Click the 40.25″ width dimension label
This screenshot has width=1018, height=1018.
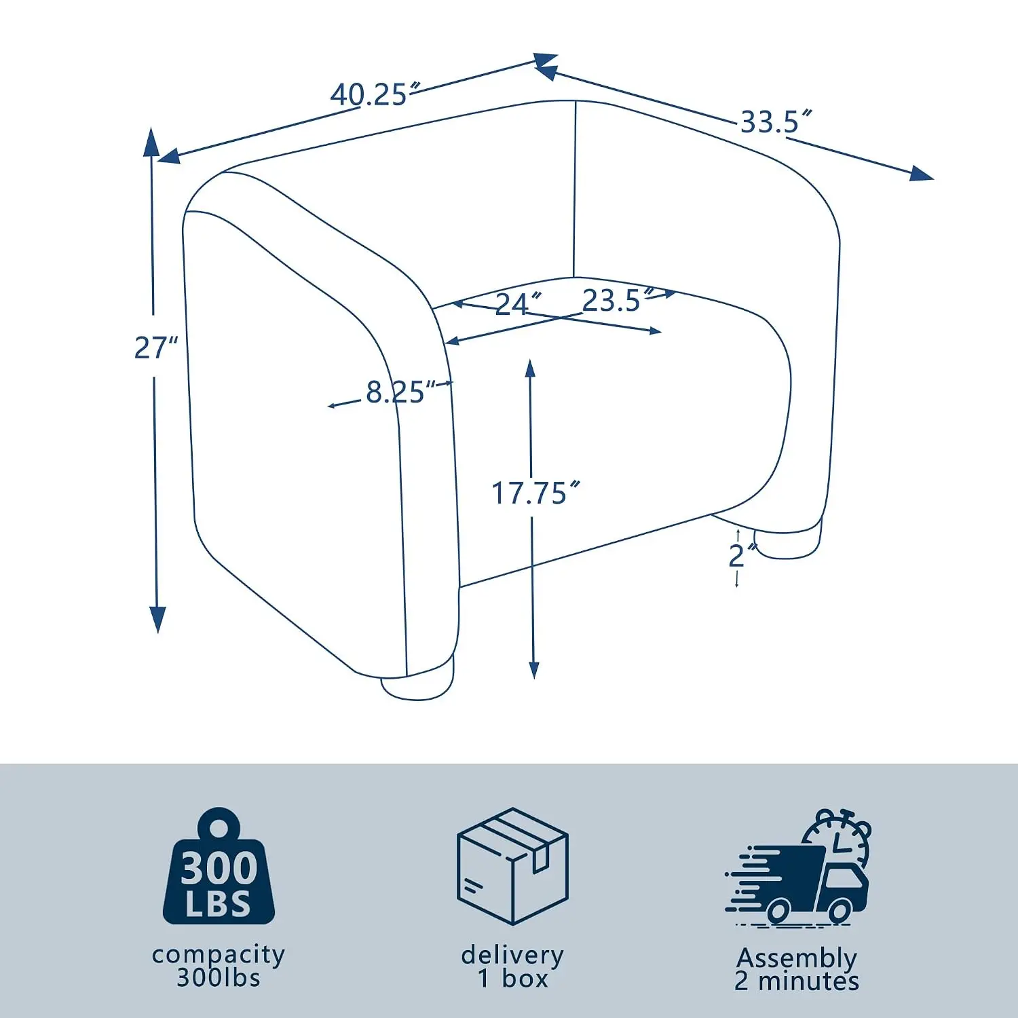pos(375,94)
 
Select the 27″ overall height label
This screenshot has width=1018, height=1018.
pos(155,347)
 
